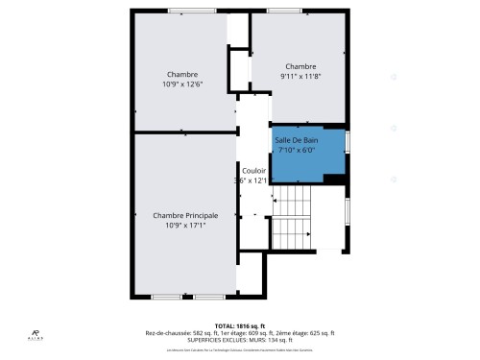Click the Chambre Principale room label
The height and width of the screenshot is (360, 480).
click(x=185, y=215)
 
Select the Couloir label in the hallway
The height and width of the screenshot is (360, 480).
click(x=253, y=170)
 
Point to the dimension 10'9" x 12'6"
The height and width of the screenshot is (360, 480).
click(x=182, y=84)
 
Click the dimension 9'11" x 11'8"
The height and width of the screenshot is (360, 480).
click(x=300, y=76)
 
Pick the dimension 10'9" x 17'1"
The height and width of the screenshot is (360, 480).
click(x=185, y=226)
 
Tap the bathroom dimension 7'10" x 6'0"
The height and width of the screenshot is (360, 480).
click(x=296, y=151)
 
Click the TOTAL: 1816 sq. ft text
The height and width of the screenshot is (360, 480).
click(x=240, y=324)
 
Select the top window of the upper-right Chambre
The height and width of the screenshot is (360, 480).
click(x=283, y=12)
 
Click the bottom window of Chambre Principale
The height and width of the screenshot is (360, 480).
click(x=183, y=296)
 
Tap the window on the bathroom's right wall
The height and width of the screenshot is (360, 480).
click(x=348, y=141)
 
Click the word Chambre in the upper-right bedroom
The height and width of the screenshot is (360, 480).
click(x=300, y=66)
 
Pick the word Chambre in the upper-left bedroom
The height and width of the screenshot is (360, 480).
click(x=182, y=75)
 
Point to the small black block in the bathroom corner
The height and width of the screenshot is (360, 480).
click(x=334, y=179)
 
